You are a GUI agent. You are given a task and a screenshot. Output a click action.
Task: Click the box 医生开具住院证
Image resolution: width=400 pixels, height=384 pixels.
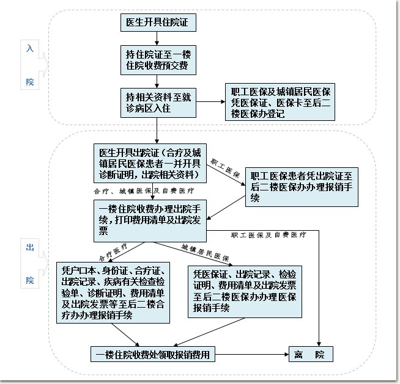158,23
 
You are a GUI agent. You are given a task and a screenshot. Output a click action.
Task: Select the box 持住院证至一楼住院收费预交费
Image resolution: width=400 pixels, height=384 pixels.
158,60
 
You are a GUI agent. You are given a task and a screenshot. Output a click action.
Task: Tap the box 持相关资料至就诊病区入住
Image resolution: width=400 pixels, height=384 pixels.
158,103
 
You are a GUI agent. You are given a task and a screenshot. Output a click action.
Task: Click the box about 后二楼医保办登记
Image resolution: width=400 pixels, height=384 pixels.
280,102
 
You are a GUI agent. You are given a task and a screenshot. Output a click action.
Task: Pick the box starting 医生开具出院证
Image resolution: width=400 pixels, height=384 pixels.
150,163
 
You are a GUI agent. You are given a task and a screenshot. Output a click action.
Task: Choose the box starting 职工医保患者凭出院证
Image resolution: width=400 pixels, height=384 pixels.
302,187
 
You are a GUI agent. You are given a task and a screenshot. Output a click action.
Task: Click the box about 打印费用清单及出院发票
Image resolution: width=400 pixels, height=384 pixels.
150,221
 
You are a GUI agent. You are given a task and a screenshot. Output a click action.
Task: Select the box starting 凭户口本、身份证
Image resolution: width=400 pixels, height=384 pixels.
113,292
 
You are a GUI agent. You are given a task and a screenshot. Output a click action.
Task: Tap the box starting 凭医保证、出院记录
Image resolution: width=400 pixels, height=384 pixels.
245,292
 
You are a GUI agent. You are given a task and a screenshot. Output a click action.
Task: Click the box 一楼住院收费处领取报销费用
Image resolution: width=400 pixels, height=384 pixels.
153,354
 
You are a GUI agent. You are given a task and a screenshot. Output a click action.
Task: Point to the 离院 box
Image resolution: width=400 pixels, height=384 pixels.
311,354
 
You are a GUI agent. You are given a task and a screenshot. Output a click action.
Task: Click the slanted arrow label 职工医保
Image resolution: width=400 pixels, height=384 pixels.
225,168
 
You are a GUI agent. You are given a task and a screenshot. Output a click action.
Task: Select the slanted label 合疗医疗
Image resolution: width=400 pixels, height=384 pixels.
113,252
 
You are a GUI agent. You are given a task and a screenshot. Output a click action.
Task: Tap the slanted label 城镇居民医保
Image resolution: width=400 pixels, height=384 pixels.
205,253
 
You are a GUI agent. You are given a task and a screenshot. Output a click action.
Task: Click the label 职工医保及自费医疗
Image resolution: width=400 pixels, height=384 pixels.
269,235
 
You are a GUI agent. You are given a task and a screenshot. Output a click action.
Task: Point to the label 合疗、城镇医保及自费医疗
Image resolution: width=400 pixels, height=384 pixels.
144,191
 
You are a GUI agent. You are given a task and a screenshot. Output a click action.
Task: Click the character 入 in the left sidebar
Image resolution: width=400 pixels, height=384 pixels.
30,48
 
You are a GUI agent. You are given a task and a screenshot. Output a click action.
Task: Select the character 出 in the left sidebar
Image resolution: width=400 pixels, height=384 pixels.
30,247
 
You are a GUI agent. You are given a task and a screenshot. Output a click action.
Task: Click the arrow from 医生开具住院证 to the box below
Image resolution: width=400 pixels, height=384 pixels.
157,38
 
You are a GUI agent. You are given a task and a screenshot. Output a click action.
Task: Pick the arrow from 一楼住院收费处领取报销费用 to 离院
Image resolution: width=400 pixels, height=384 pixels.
252,354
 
